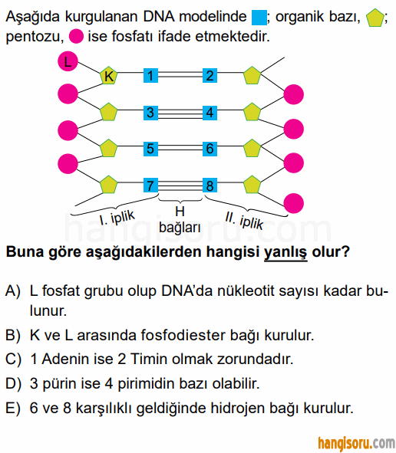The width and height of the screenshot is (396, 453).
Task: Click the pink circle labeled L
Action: pos(68,61)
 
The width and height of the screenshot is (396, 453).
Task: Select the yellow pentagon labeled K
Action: pos(108,76)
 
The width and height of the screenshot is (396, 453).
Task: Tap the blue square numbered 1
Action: pos(150,76)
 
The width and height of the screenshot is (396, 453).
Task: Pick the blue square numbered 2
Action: pos(210,76)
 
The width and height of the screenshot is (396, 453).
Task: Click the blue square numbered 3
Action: pos(150,113)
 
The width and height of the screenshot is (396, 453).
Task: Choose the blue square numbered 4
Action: pos(210,113)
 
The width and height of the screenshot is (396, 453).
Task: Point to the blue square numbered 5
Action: pos(150,149)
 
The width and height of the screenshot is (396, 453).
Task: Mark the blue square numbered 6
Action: pos(210,149)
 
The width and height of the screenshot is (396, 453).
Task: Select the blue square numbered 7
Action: pos(150,185)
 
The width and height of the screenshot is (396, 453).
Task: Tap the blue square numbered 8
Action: pos(210,185)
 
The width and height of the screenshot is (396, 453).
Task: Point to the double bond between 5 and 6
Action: pos(180,149)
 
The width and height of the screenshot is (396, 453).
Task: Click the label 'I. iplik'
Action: pos(117,218)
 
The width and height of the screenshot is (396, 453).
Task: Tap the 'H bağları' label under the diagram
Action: pos(180,219)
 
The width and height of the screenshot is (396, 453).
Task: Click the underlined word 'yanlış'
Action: pos(285,252)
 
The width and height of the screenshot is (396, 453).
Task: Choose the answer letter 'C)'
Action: pos(13,359)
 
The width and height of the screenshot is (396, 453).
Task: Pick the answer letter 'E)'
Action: pos(13,409)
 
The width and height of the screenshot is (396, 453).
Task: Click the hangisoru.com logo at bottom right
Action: pos(356,443)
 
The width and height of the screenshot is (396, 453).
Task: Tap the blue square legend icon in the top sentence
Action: pos(259,18)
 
